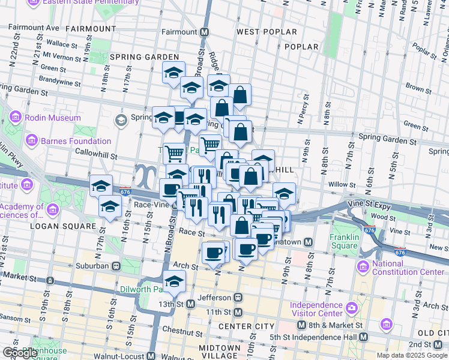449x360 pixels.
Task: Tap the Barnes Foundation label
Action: [76, 142]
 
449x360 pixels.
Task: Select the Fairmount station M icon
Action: [205, 32]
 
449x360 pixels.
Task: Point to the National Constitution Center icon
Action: [363, 265]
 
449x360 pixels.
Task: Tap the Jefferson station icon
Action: [238, 298]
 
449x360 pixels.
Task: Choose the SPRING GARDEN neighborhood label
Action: [145, 57]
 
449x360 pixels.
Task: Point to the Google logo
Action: [19, 353]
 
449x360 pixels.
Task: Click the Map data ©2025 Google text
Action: [411, 355]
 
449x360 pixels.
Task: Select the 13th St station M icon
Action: [190, 304]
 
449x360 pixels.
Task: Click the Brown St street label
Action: [414, 88]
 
